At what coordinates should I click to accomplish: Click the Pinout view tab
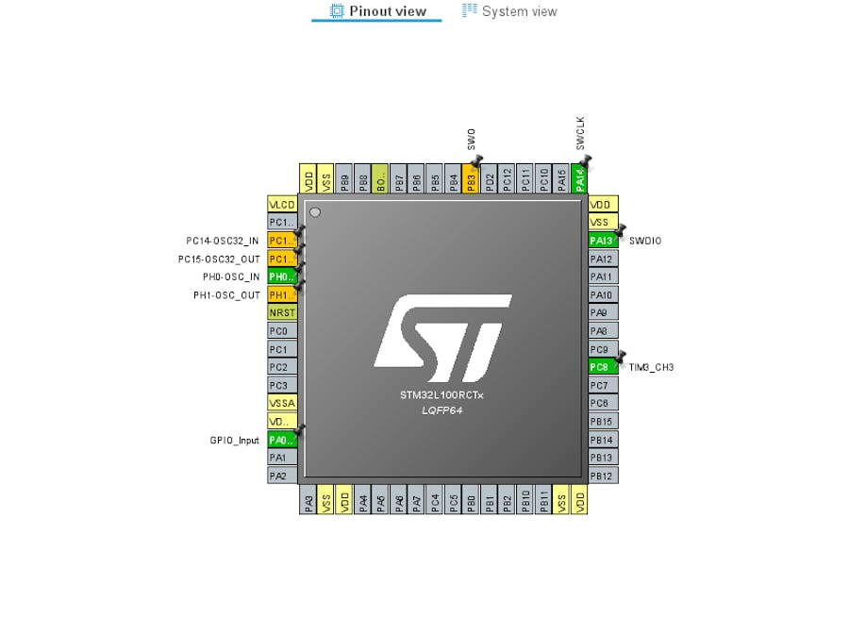click(x=377, y=11)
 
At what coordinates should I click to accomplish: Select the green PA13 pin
click(x=603, y=241)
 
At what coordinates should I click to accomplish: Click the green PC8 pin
click(x=603, y=367)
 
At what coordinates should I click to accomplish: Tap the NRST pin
click(x=282, y=313)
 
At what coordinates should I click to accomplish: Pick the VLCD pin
click(x=282, y=205)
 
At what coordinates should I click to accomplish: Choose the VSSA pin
click(x=282, y=403)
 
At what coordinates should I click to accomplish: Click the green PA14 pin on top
click(x=580, y=177)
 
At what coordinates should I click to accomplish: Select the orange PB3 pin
click(x=472, y=177)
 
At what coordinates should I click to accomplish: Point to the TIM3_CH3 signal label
click(x=651, y=367)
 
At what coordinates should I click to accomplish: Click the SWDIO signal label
click(x=645, y=241)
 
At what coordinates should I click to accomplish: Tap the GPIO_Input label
click(x=234, y=440)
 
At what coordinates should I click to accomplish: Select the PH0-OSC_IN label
click(x=231, y=276)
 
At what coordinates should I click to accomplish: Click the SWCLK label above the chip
click(x=580, y=133)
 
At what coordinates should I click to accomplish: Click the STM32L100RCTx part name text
click(x=441, y=395)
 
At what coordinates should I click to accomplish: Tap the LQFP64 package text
click(x=441, y=410)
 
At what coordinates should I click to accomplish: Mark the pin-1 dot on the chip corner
click(x=315, y=212)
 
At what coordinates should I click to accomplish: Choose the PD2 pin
click(x=490, y=177)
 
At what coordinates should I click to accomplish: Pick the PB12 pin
click(x=603, y=476)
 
